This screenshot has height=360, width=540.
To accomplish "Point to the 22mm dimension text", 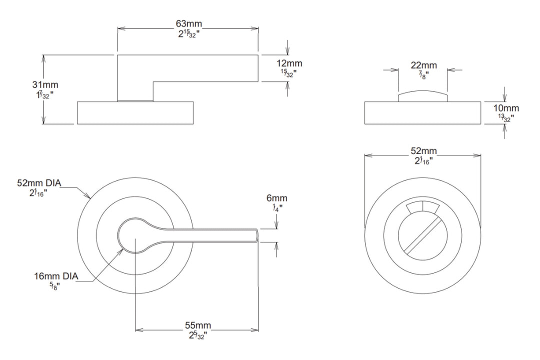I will point(423,65).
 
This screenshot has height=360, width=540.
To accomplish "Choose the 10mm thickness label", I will point(505,108).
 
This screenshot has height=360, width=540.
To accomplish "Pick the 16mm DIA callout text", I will point(55,276).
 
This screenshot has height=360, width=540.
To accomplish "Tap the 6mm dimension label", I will point(276,198).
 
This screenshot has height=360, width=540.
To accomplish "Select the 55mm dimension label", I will point(197,326).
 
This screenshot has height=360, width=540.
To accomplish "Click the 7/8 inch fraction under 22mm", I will point(423,75).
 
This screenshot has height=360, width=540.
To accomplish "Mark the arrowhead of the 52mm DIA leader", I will point(90,198).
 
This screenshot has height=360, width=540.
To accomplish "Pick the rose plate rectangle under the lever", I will point(135,113).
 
